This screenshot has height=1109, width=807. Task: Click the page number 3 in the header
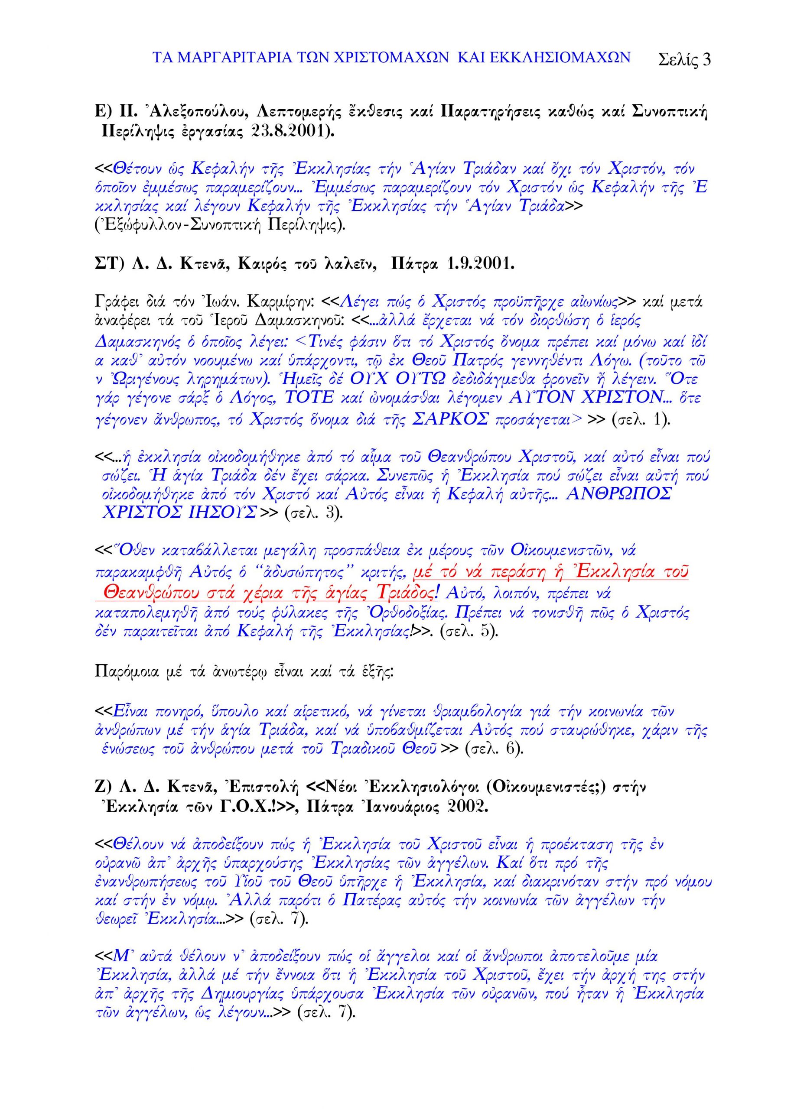[705, 60]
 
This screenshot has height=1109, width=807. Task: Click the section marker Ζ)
[104, 787]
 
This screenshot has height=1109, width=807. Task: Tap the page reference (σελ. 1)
[639, 420]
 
